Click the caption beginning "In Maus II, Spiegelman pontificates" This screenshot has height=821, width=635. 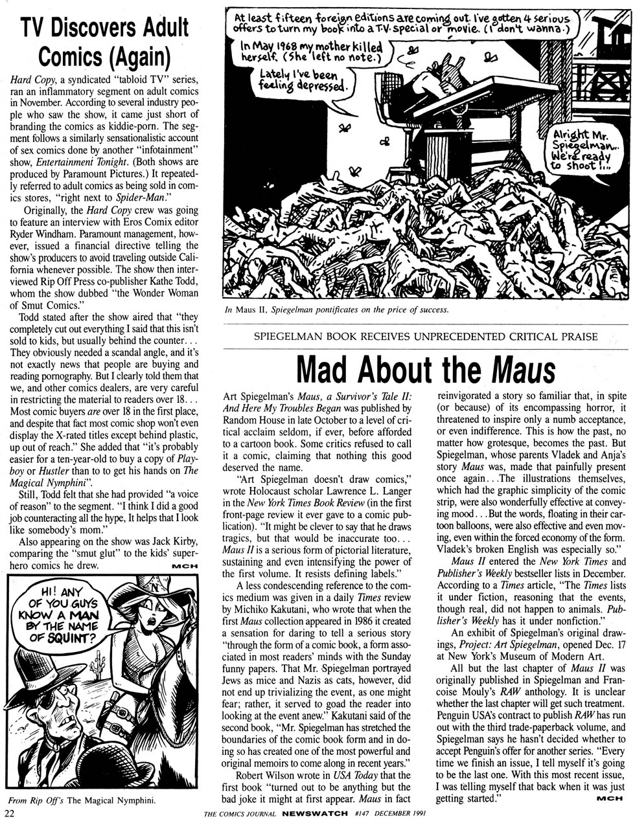336,309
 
